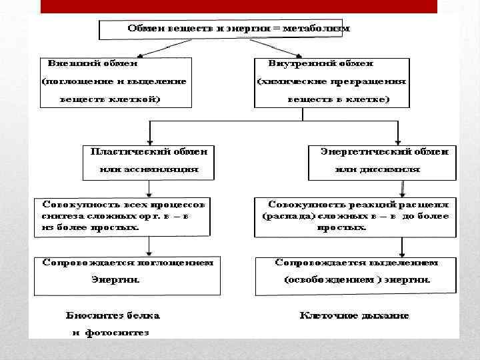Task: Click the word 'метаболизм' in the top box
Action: pyautogui.click(x=316, y=29)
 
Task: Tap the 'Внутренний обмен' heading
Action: pyautogui.click(x=321, y=64)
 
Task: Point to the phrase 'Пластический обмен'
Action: pyautogui.click(x=149, y=152)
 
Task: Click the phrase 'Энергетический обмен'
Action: pyautogui.click(x=385, y=152)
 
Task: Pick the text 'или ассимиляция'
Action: pyautogui.click(x=149, y=169)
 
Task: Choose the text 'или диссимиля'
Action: pyautogui.click(x=377, y=169)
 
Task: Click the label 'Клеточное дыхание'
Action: pyautogui.click(x=355, y=315)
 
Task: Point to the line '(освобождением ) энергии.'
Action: pyautogui.click(x=357, y=281)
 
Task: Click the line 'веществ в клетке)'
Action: pyautogui.click(x=339, y=99)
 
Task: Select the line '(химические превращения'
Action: pyautogui.click(x=332, y=82)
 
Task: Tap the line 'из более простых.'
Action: pyautogui.click(x=90, y=227)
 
